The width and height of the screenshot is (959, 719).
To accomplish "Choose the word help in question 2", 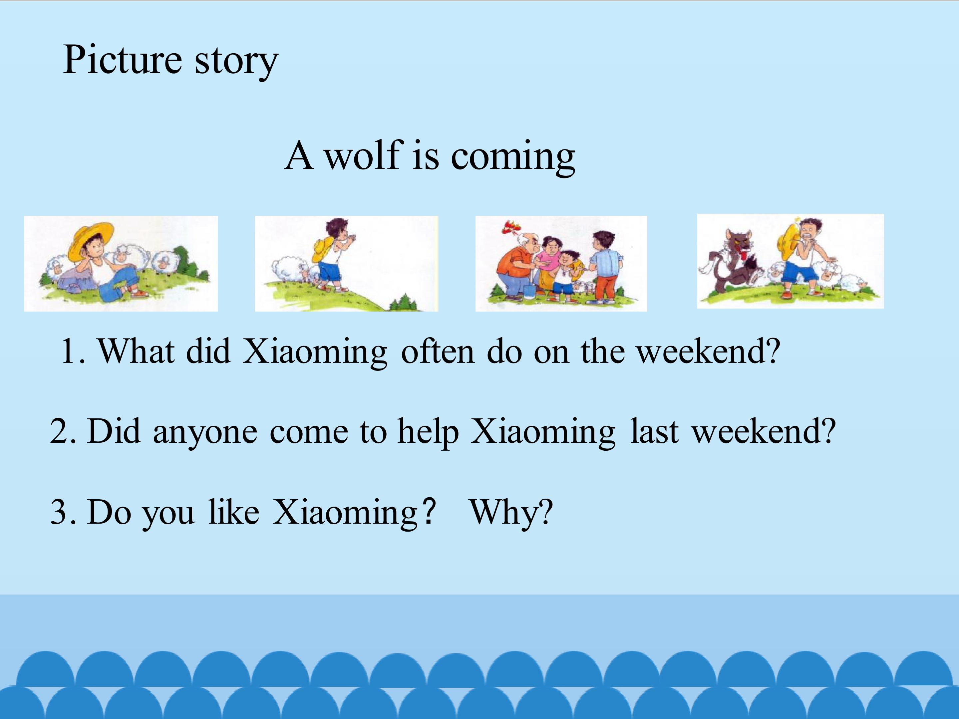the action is click(428, 431).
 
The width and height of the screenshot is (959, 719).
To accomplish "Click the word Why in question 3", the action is click(511, 513).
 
